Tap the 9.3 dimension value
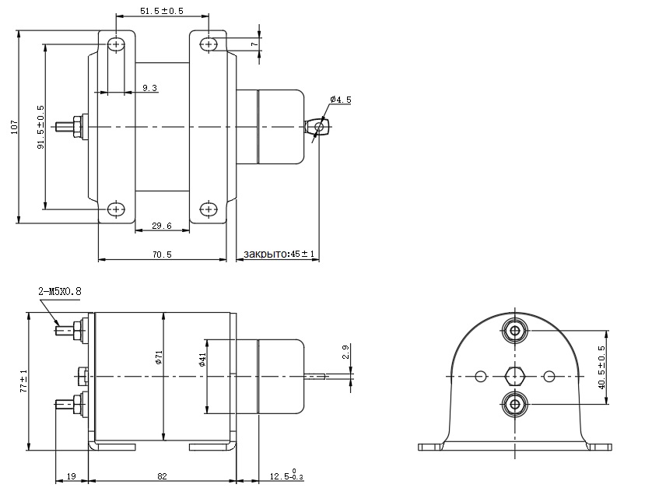click(149, 89)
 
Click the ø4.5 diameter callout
click(341, 100)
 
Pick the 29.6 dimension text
click(162, 226)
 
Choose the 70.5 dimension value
click(162, 255)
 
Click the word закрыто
click(265, 255)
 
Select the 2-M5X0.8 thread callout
click(59, 291)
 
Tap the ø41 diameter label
click(202, 360)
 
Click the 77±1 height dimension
click(24, 381)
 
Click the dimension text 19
click(72, 475)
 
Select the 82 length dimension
click(162, 475)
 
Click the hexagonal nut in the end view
click(514, 377)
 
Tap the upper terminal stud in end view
click(514, 331)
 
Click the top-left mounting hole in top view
click(116, 44)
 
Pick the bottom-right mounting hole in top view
click(208, 209)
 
